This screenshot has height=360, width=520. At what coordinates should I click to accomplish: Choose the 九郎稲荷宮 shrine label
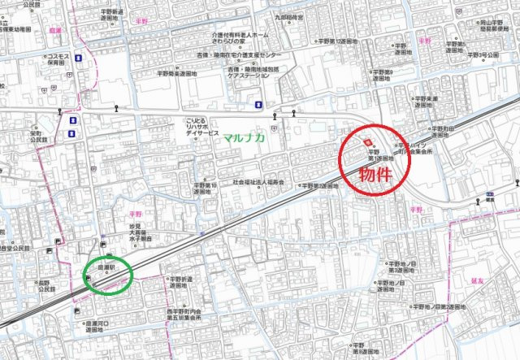288,17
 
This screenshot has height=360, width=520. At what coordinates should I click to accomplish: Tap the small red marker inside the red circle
366,141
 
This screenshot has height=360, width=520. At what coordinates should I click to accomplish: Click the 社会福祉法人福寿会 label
258,182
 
